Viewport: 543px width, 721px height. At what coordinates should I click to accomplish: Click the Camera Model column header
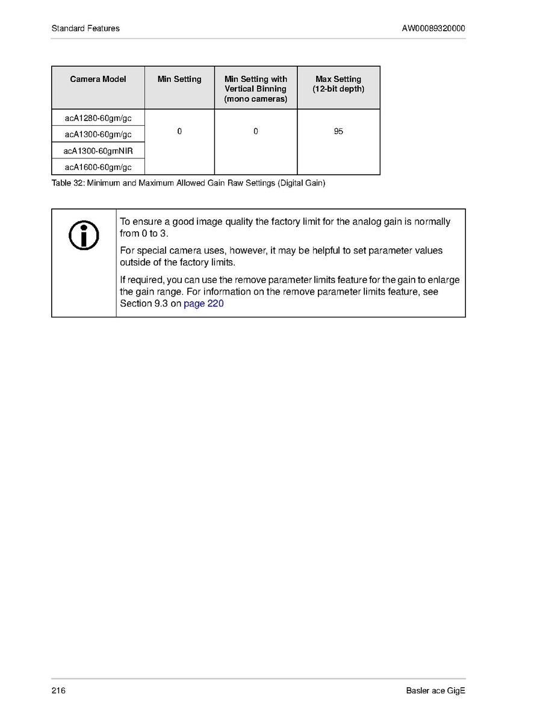point(98,80)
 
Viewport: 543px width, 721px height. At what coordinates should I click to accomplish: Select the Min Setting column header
point(179,80)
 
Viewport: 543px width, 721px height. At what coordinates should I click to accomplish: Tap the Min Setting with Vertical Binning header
point(256,89)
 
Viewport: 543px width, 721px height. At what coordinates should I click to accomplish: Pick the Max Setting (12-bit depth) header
point(338,84)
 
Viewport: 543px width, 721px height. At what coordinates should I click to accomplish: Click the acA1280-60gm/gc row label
point(98,118)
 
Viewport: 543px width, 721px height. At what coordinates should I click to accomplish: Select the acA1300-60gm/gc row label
point(98,134)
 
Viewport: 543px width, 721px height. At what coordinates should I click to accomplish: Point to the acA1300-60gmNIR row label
point(98,151)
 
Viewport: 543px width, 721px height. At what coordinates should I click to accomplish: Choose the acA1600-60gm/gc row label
point(98,167)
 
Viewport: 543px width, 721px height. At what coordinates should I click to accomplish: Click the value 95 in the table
point(338,131)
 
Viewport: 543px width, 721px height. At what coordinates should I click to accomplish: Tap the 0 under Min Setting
point(179,131)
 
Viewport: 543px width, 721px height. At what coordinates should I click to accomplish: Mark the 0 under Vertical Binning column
point(256,131)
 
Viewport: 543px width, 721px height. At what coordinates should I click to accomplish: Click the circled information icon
point(84,236)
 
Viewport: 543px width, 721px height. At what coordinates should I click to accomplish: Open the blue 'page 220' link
point(203,304)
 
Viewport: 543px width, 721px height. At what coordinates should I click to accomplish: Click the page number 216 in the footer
point(58,690)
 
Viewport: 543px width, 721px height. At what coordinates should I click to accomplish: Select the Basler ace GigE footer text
point(436,690)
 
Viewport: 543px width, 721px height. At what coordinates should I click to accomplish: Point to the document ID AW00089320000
point(433,28)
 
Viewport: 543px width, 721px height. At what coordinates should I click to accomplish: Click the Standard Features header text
point(85,28)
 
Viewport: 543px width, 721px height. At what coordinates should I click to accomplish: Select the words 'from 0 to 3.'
point(144,233)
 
